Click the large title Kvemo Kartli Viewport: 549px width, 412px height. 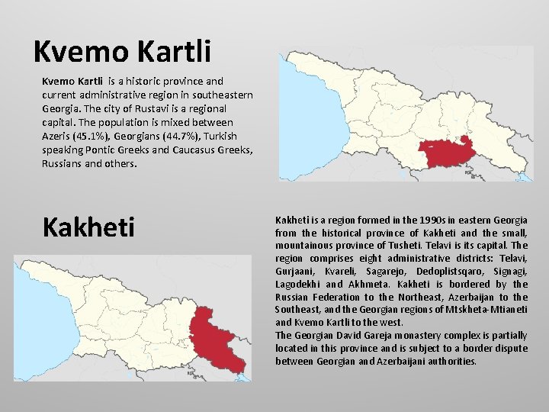click(x=122, y=51)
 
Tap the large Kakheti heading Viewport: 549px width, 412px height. click(x=88, y=227)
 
